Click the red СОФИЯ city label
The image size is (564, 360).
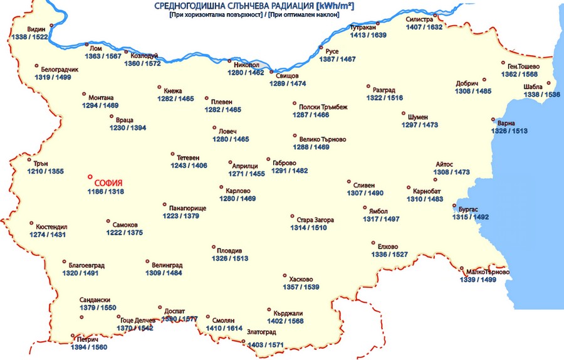pos(108,183)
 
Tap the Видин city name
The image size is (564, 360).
pos(36,29)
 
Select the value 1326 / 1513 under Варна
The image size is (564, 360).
pos(509,131)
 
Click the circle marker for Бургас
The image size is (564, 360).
pos(454,205)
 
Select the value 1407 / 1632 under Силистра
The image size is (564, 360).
pos(424,28)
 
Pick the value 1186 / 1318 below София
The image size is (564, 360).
pos(106,191)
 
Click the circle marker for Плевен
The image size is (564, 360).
pos(206,98)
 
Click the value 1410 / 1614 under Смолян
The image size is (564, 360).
pos(224,328)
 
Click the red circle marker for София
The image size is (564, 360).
pos(90,177)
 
